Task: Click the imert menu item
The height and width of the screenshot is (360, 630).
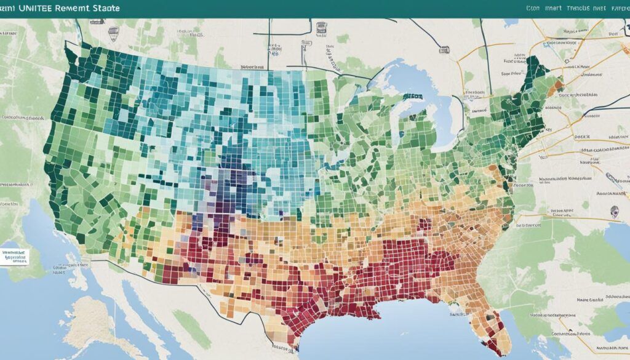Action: click(x=557, y=9)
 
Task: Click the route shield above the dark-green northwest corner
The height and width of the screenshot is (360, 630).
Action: click(x=113, y=31)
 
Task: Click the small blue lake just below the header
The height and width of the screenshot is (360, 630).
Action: click(x=511, y=22)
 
